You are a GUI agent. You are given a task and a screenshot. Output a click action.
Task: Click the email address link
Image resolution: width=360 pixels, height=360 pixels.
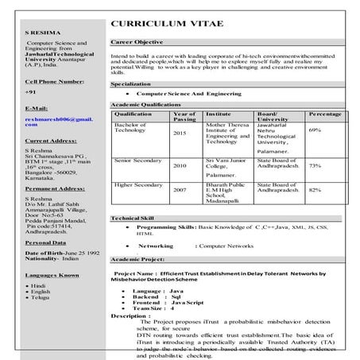pos(59,122)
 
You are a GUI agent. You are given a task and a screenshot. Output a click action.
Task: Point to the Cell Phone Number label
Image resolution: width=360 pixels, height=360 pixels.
pos(54,83)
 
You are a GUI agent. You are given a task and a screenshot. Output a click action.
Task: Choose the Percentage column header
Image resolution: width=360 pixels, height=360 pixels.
pos(325,116)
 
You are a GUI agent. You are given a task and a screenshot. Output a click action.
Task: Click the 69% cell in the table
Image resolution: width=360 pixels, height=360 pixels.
pos(315,130)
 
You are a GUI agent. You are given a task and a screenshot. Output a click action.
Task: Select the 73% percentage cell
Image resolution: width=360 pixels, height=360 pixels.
pos(315,165)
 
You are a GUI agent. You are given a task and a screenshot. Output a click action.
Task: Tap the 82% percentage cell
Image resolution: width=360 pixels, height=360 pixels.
pos(315,191)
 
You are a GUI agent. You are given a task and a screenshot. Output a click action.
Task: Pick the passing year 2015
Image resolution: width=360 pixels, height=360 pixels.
pos(180,134)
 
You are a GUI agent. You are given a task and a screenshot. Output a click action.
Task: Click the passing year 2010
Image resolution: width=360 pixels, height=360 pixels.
pos(180,165)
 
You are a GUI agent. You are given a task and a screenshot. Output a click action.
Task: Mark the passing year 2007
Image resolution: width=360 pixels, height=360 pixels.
pos(180,191)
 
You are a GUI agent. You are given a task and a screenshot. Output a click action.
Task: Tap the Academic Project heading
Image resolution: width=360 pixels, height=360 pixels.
pos(137,260)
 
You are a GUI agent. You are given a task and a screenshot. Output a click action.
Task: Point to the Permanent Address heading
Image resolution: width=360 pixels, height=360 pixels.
pos(55,190)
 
